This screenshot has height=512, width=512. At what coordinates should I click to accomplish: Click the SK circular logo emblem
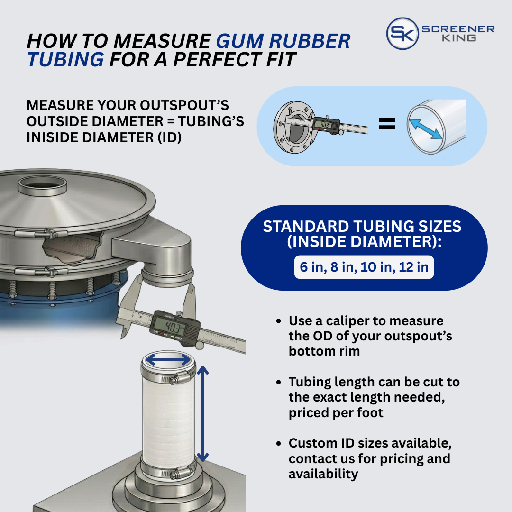point(402,34)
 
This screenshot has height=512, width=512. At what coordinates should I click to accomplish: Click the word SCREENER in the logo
point(458,29)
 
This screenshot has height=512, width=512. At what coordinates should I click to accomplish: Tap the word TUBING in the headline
point(66,60)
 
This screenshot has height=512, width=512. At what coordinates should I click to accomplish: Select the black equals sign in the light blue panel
point(387,125)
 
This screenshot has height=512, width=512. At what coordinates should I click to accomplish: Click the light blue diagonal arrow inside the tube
point(426,129)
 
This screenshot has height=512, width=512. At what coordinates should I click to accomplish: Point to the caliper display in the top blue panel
point(325,125)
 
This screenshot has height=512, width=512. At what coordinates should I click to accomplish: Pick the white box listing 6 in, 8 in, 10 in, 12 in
point(364,267)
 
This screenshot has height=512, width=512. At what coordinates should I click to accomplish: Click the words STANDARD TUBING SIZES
point(362,227)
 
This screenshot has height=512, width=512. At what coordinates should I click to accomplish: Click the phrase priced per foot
point(336,412)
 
